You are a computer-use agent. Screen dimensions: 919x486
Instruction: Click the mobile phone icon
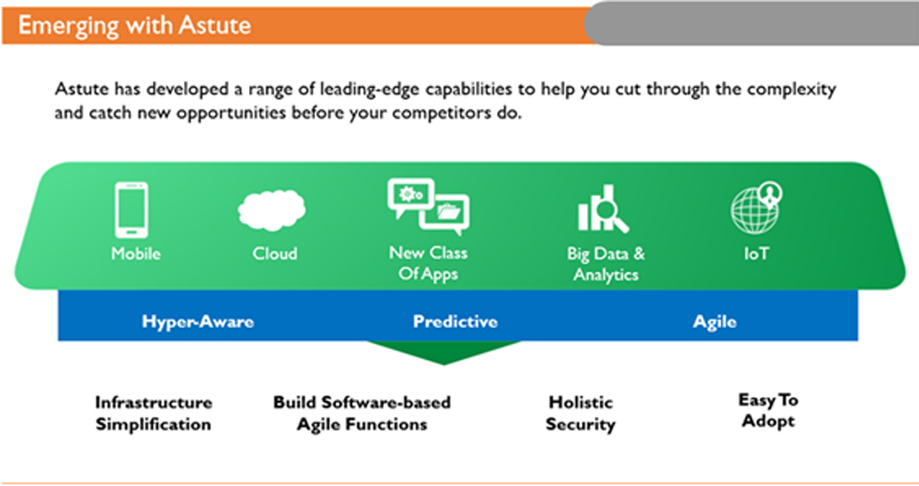pos(131,210)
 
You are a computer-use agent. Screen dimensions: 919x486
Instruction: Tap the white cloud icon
pos(272,210)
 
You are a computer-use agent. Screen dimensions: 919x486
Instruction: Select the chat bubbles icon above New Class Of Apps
pos(429,206)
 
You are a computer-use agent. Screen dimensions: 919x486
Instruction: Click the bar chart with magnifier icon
pos(603,209)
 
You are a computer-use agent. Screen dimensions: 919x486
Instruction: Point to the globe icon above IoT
pos(756,208)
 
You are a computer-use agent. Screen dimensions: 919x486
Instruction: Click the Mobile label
pos(136,254)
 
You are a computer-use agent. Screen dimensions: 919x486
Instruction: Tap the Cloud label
pos(275,254)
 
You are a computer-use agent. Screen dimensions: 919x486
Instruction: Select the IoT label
pos(756,254)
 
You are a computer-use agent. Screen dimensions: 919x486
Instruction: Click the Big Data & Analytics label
pos(606,264)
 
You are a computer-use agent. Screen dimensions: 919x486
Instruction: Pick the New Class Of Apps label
pos(429,263)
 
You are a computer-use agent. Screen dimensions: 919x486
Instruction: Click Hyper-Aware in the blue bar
pos(198,321)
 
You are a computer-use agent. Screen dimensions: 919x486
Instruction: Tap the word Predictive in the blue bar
pos(456,321)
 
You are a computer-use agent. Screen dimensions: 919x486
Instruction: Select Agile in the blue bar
pos(715,322)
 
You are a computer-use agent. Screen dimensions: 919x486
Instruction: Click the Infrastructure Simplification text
pos(153,413)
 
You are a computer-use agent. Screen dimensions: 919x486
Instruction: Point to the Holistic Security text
pos(581,413)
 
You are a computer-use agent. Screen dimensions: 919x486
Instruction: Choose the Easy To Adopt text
pos(769,410)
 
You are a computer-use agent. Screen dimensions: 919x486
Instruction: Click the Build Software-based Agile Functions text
pos(362,413)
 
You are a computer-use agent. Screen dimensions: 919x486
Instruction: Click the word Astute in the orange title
pos(214,25)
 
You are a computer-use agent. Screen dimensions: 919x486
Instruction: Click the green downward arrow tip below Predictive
pos(443,364)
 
